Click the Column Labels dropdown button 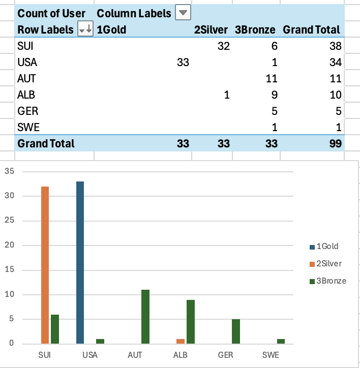(183, 13)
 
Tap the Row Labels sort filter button (85, 30)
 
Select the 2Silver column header (211, 30)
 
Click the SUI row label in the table (25, 46)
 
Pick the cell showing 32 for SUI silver (223, 46)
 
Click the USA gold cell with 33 (183, 63)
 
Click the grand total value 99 (333, 144)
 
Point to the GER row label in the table (28, 111)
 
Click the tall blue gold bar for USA (80, 262)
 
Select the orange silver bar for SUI (45, 265)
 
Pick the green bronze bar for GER (235, 331)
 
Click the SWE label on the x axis (271, 354)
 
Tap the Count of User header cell (51, 13)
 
